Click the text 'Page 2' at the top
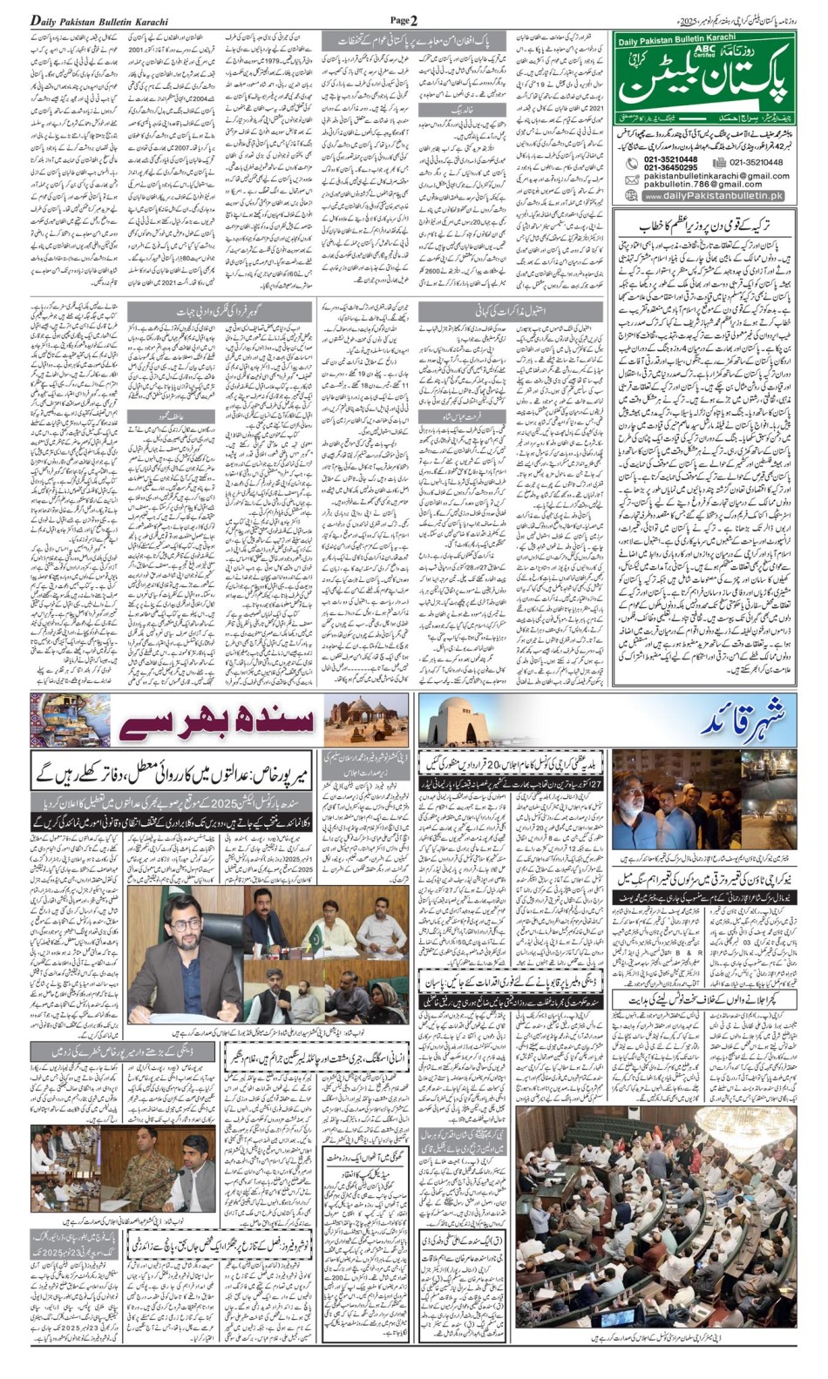pos(404,19)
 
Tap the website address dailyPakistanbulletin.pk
pos(714,197)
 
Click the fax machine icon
pos(719,162)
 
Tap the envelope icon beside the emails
pos(631,179)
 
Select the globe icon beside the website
pos(632,197)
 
